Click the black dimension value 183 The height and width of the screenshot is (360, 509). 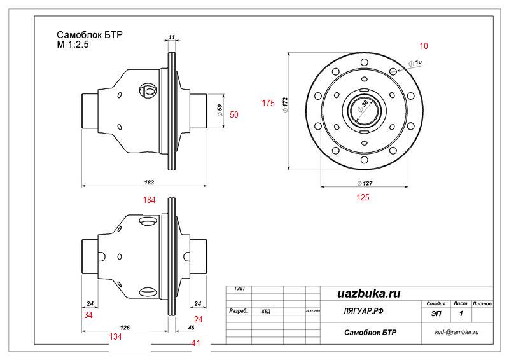149,183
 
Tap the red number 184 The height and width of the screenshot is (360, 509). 150,200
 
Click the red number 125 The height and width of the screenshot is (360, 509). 363,198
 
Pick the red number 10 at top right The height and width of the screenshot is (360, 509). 424,46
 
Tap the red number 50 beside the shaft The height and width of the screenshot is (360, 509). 234,114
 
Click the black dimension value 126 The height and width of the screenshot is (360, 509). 125,327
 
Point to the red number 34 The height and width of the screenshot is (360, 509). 89,315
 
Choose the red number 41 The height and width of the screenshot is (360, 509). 197,343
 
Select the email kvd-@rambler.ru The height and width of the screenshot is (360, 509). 456,332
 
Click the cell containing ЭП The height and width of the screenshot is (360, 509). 436,314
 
